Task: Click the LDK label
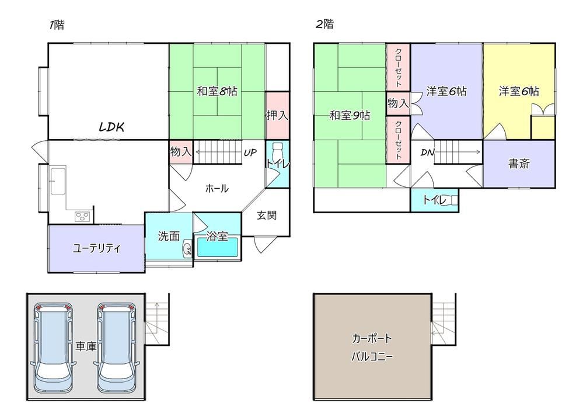[x=111, y=127]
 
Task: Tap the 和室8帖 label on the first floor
[x=217, y=91]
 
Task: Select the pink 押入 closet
[x=277, y=115]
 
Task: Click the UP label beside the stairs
[x=250, y=152]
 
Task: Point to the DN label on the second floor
[x=428, y=152]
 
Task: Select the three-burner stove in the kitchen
[x=82, y=217]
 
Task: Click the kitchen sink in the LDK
[x=58, y=181]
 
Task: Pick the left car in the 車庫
[x=53, y=348]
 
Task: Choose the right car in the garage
[x=117, y=348]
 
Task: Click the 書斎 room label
[x=519, y=164]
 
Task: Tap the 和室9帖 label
[x=350, y=116]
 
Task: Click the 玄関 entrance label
[x=267, y=215]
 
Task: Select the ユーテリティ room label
[x=97, y=248]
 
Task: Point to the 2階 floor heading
[x=324, y=25]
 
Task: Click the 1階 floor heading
[x=57, y=25]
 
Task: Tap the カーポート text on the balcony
[x=372, y=339]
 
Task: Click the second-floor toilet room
[x=434, y=200]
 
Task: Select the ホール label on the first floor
[x=217, y=188]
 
